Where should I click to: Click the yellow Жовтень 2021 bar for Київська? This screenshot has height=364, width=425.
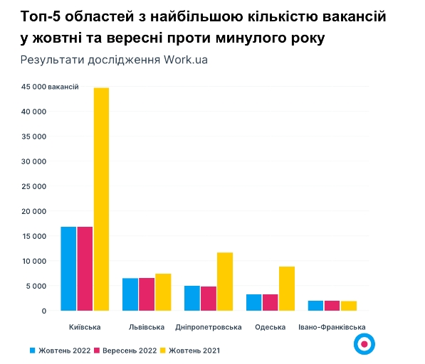pos(101,199)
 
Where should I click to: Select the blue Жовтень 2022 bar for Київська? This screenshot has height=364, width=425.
pos(68,269)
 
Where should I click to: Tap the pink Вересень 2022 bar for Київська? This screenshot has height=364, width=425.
pos(85,269)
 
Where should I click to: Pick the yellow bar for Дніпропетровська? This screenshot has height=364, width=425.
pos(224,282)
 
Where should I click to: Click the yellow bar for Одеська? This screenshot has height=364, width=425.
pos(286,289)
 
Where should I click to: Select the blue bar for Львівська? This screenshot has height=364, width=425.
pos(130,294)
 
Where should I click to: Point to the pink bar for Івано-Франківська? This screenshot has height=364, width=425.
pos(332,306)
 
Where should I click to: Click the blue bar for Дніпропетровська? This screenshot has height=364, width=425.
pos(191,298)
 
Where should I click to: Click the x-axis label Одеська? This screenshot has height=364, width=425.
pos(270,327)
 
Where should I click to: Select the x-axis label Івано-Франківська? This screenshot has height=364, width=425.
pos(332,327)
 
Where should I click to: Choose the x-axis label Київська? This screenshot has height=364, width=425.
pos(85,327)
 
